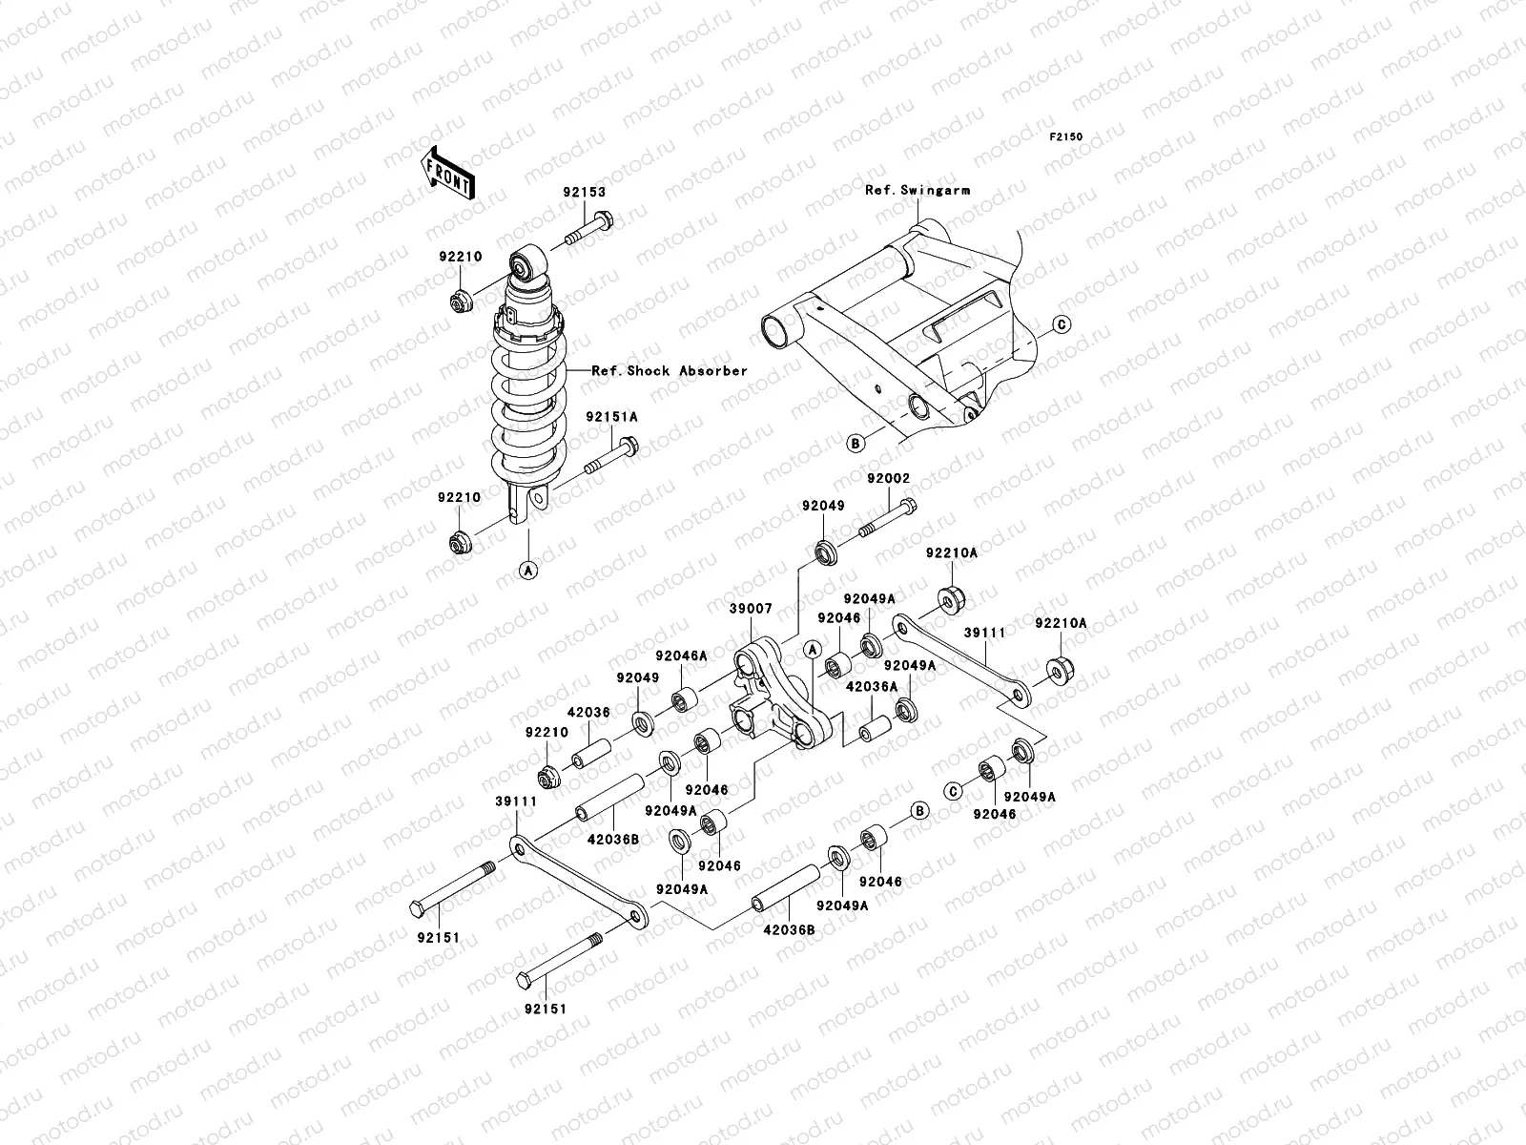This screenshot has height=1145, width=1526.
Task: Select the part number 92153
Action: pos(584,192)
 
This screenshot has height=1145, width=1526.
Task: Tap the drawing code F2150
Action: pos(1067,137)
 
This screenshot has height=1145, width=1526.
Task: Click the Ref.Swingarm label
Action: pos(918,190)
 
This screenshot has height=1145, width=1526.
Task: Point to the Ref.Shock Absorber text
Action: pos(670,371)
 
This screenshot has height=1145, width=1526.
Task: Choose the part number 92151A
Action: pos(611,417)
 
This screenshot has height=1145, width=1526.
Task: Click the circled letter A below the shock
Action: pos(527,570)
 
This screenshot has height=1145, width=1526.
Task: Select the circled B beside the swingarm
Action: pos(856,443)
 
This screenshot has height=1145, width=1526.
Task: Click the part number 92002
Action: pos(888,478)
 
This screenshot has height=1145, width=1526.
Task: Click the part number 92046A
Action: pos(680,656)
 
